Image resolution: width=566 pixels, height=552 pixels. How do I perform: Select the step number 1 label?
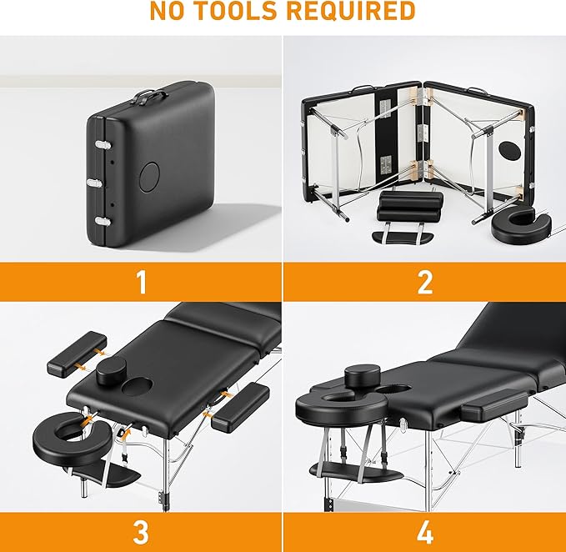point(141,282)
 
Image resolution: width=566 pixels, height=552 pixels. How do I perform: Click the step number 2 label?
point(424,282)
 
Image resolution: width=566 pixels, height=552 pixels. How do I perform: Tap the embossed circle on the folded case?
point(150,175)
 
